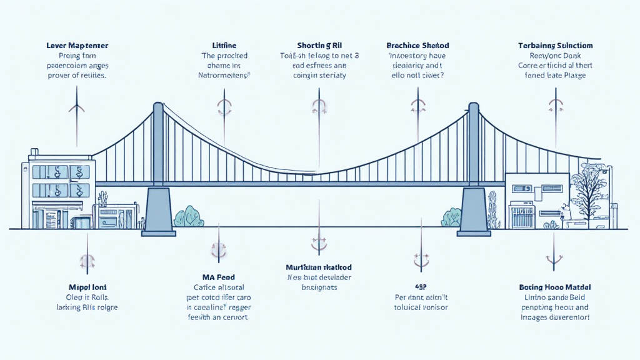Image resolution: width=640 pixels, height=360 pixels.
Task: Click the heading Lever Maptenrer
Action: (77, 46)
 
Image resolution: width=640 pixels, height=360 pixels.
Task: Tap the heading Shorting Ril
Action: (320, 46)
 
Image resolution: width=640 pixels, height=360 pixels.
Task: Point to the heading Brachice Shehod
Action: (417, 46)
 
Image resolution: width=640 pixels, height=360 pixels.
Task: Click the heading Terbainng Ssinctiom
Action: (556, 46)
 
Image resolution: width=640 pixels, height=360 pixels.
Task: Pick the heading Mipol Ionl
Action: (86, 287)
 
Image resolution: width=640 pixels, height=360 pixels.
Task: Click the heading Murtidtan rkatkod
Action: (319, 267)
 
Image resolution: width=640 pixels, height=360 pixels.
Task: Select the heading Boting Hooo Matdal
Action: (556, 287)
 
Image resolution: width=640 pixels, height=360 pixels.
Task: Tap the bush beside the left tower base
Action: (189, 217)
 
